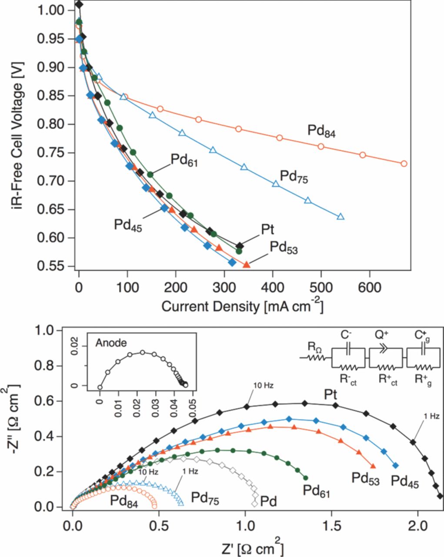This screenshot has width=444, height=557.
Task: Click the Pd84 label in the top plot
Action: pos(322,131)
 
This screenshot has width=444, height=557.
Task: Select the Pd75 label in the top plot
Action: pos(294,177)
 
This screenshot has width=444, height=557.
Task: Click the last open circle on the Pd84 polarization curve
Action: pos(404,164)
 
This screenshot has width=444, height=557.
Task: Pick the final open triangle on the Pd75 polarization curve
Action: pos(341,216)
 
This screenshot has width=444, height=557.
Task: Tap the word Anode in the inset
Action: pos(111,343)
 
